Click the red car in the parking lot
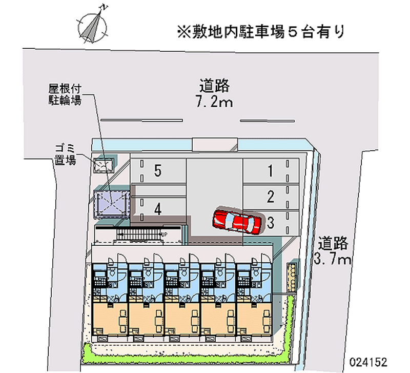pos(237,222)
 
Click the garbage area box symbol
pos(105,164)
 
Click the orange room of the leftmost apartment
pos(109,318)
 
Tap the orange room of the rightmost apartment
pos(253,318)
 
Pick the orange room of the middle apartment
pos(181,318)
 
